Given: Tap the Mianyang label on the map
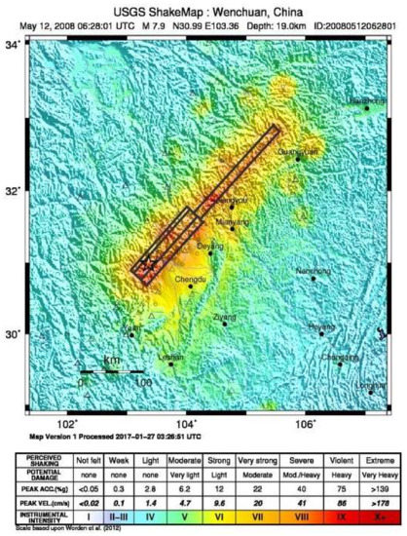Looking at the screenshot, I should click(232, 221).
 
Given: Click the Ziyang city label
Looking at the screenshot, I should click(225, 317).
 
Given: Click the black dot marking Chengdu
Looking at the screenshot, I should click(191, 287).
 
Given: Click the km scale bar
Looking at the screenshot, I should click(112, 371).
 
